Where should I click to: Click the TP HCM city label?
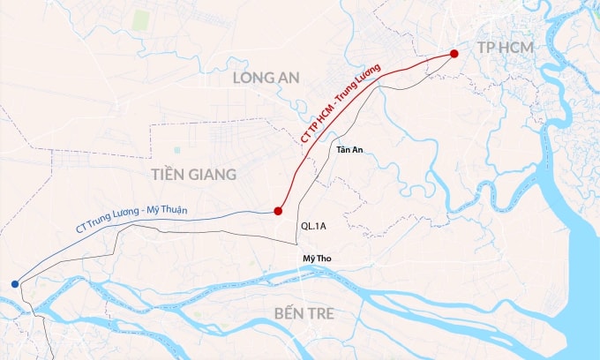click(x=505, y=47)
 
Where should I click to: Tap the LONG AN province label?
click(x=266, y=79)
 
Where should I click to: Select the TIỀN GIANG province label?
click(x=193, y=174)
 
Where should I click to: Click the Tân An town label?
click(x=349, y=149)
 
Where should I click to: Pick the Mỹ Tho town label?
click(x=315, y=259)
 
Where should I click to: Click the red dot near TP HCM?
click(x=454, y=54)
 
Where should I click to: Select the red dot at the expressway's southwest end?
click(x=278, y=211)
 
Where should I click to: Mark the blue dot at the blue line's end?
click(x=14, y=283)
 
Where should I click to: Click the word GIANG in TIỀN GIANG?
click(x=214, y=174)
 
